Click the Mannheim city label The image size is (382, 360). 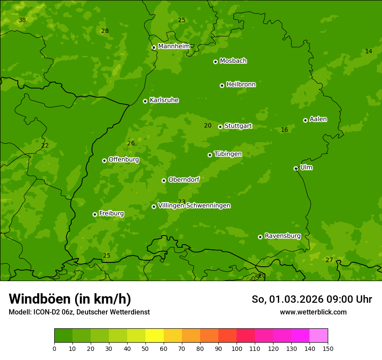(174, 46)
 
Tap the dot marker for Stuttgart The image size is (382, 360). (220, 127)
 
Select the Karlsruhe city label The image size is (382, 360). (164, 100)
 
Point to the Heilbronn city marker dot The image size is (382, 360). (222, 85)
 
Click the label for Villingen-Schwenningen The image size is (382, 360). (194, 206)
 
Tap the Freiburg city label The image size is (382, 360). (111, 213)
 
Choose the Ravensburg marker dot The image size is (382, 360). (260, 237)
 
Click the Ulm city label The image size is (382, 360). (306, 167)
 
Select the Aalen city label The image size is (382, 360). (318, 119)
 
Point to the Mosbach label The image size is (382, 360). (233, 61)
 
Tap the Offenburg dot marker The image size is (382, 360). (104, 160)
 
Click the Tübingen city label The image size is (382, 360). (228, 154)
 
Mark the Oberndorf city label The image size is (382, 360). (184, 180)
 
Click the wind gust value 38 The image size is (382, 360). (22, 20)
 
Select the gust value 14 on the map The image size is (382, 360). (369, 51)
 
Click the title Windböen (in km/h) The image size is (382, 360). (70, 299)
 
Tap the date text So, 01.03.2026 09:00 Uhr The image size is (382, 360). (312, 299)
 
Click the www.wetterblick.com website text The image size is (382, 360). (313, 312)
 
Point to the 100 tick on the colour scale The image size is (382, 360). (237, 348)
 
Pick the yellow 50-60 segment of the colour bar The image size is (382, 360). (155, 336)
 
